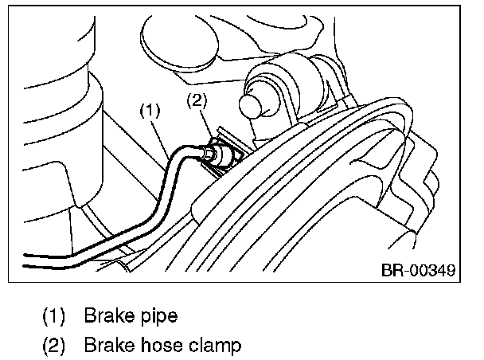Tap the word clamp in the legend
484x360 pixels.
coord(213,347)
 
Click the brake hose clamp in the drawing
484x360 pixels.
coord(223,152)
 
